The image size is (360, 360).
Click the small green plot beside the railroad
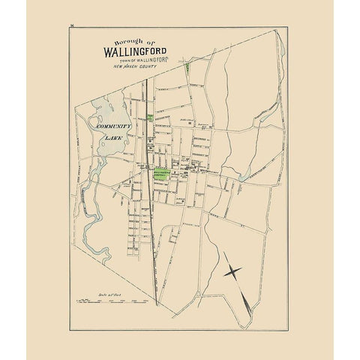(x=150, y=118)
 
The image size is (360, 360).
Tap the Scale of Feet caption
(x=121, y=295)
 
